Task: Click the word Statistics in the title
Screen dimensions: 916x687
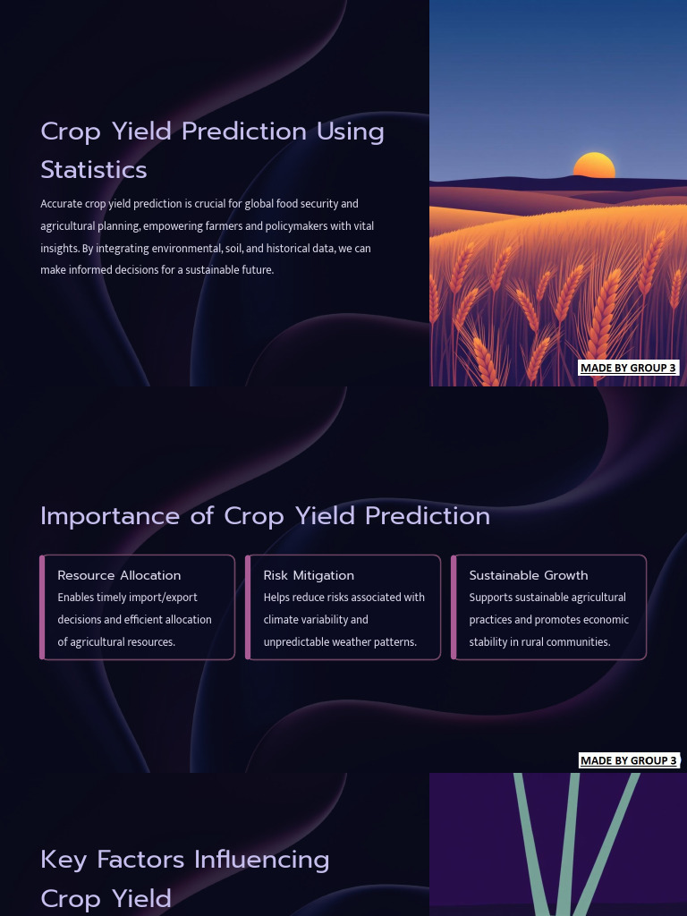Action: click(x=94, y=170)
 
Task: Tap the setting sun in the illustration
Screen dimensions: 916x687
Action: click(x=594, y=166)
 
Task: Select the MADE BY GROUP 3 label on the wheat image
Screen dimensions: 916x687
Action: click(x=628, y=368)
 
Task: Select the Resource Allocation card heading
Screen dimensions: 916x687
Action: click(x=119, y=575)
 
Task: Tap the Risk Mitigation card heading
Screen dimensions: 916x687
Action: click(x=309, y=575)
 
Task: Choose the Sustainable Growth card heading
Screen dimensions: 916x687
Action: click(x=529, y=575)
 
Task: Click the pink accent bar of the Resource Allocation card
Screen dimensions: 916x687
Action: click(x=42, y=607)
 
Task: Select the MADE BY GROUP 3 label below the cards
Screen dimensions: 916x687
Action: click(x=628, y=760)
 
